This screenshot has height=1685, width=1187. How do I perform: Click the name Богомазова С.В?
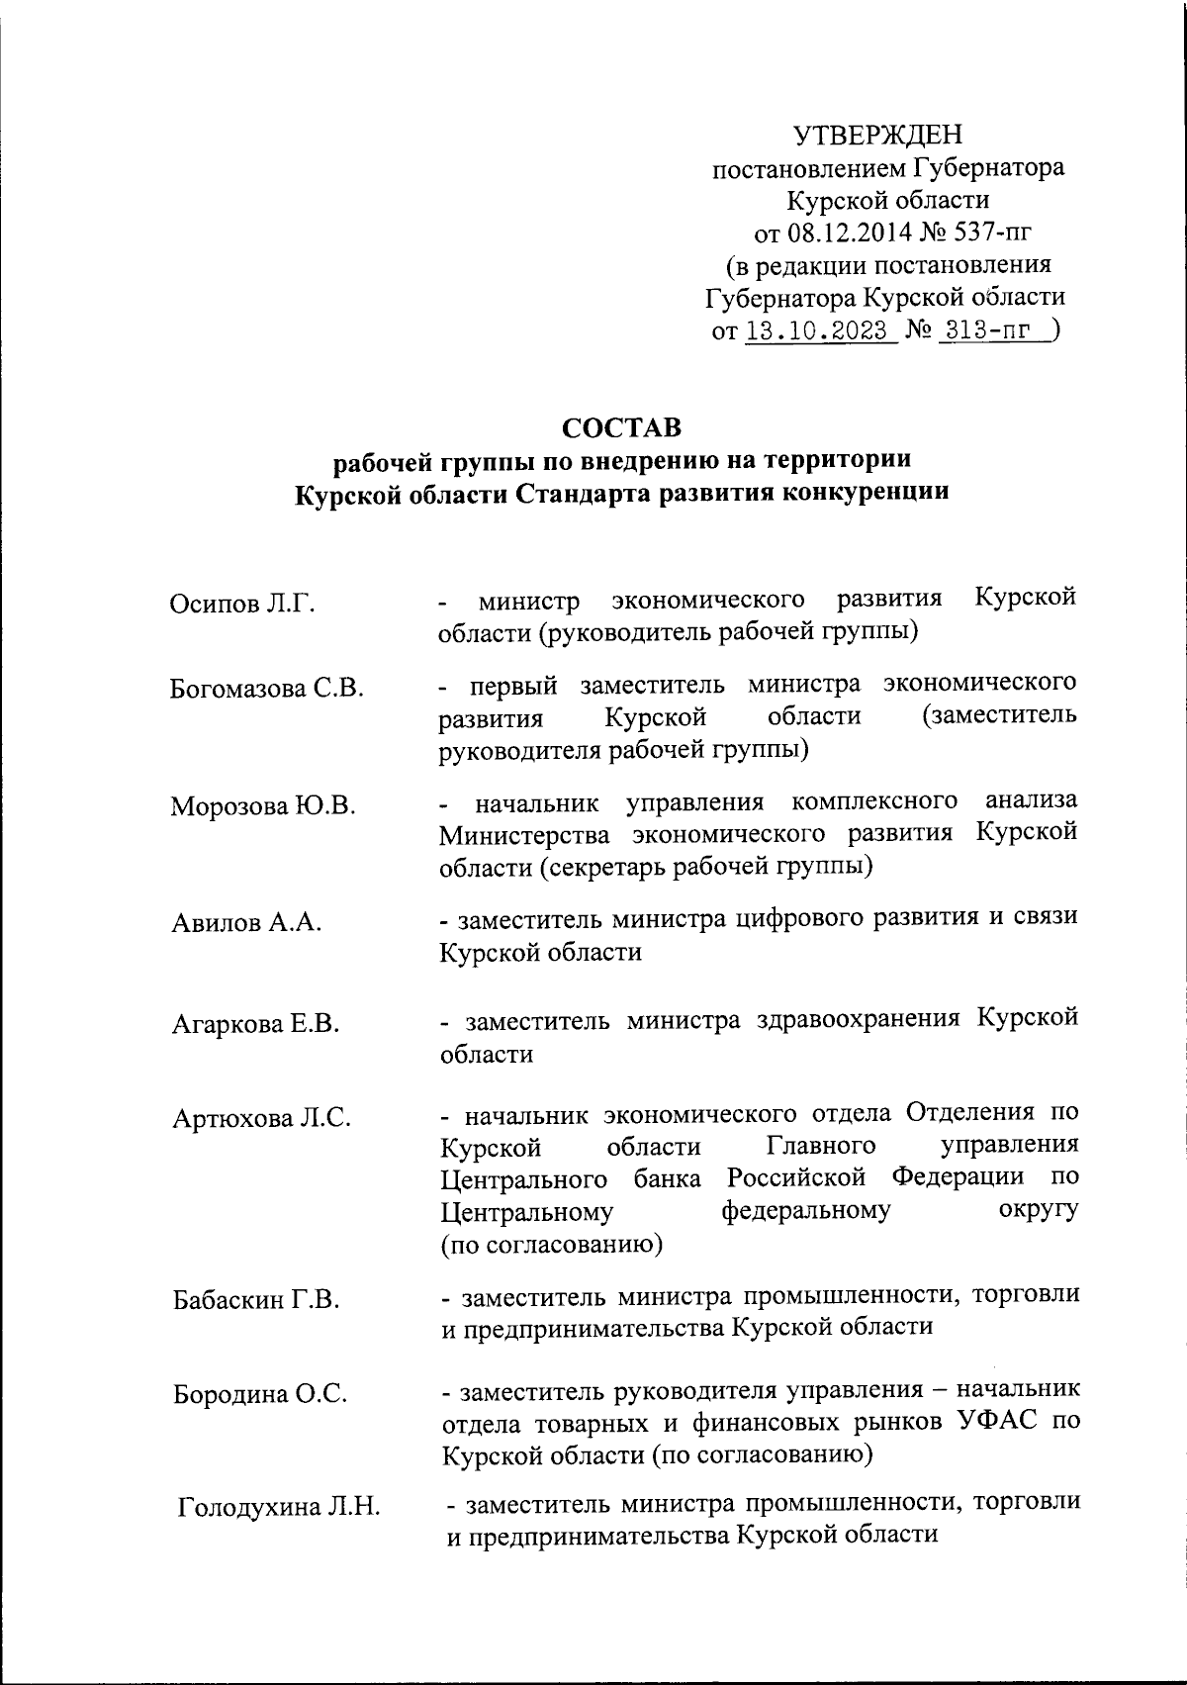(x=267, y=689)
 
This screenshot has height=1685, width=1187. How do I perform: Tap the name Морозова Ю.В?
(x=263, y=805)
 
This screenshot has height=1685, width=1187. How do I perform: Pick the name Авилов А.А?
(x=246, y=923)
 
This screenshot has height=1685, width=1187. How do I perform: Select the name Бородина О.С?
(x=260, y=1394)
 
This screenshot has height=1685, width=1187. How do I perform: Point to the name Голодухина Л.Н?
(x=279, y=1508)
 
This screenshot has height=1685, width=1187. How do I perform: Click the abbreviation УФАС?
(x=979, y=1422)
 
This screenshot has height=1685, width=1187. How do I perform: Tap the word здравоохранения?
(x=851, y=1018)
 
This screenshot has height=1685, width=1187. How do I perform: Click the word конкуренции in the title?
(x=866, y=493)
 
